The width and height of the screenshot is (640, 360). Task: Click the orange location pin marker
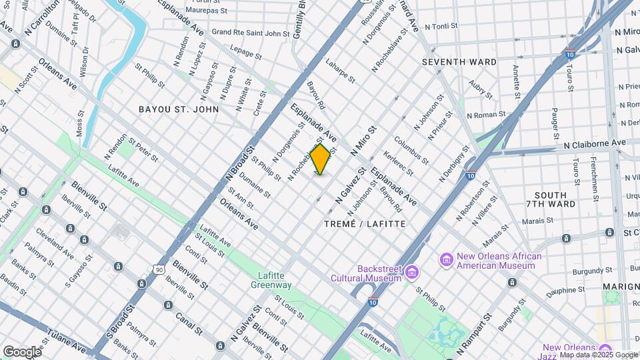[x=321, y=159]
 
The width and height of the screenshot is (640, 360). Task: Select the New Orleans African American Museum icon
[x=446, y=259]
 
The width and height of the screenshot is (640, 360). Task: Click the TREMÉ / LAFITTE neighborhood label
[x=364, y=224]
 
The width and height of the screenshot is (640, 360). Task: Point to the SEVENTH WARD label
[x=459, y=62]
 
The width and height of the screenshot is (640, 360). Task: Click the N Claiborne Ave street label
[x=595, y=143]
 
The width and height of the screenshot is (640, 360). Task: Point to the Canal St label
[x=189, y=319]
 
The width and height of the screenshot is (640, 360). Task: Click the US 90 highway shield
[x=157, y=269]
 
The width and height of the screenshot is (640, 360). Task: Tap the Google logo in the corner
[x=22, y=351]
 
